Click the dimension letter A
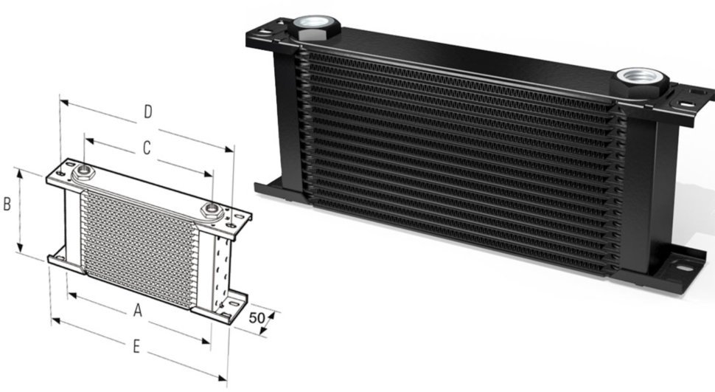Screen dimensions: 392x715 pos(137,312)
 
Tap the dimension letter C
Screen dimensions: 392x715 pos(146,148)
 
